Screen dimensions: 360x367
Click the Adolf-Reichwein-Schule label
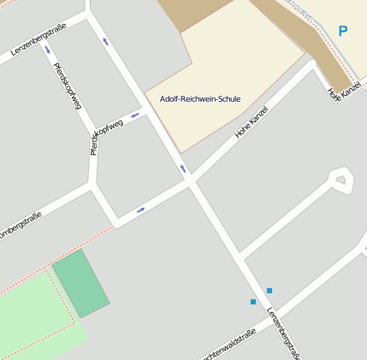click(200, 99)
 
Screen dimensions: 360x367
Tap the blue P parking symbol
click(343, 32)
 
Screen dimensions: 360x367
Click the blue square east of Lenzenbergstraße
click(269, 291)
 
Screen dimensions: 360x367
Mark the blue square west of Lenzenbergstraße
click(253, 302)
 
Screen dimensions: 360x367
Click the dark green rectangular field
click(80, 283)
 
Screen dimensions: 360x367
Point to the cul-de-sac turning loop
click(341, 179)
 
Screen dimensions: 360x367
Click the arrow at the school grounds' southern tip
click(182, 168)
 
